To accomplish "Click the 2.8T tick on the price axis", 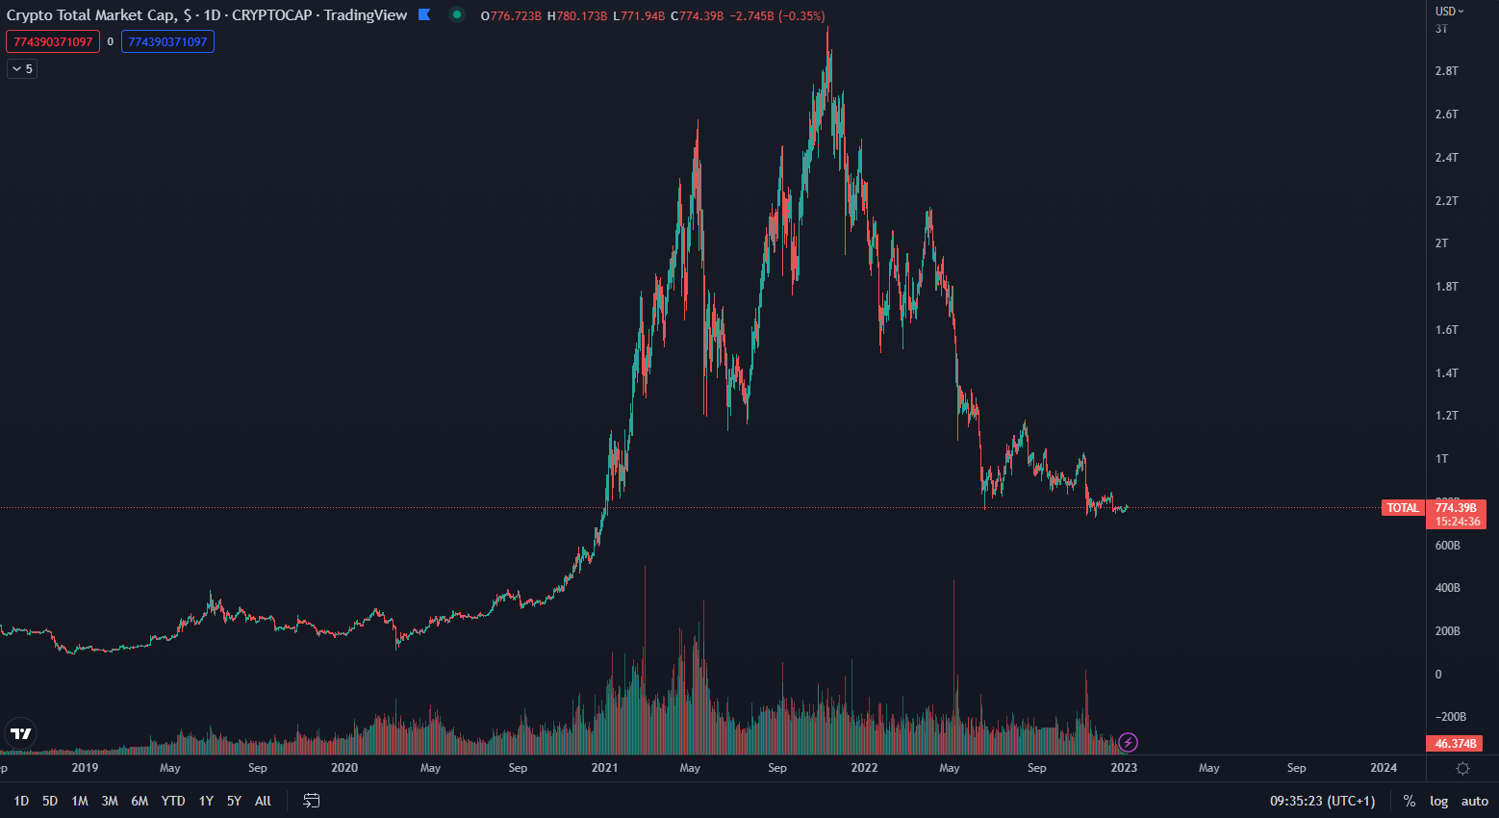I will click(1446, 71).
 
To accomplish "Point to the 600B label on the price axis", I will click(1447, 546).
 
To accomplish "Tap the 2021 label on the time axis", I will click(604, 768).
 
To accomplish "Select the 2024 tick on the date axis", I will click(1383, 768).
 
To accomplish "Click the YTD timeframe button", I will click(173, 801).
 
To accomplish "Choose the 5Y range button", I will click(234, 801).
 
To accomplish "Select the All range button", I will click(263, 801).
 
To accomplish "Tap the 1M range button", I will click(80, 801).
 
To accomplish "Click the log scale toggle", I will click(1438, 801).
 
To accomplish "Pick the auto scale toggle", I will click(1474, 801).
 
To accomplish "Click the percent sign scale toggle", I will click(1409, 801).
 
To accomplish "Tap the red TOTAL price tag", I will click(1403, 508).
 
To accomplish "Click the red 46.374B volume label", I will click(1455, 744).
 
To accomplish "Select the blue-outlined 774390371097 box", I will click(167, 41).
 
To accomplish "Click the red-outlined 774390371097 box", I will click(53, 41).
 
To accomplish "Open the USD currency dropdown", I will click(1449, 12).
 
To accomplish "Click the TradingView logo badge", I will click(20, 734).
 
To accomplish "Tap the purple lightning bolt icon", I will click(1129, 742).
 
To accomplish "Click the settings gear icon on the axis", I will click(1462, 768).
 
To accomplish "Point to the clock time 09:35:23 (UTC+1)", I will click(1322, 801).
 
